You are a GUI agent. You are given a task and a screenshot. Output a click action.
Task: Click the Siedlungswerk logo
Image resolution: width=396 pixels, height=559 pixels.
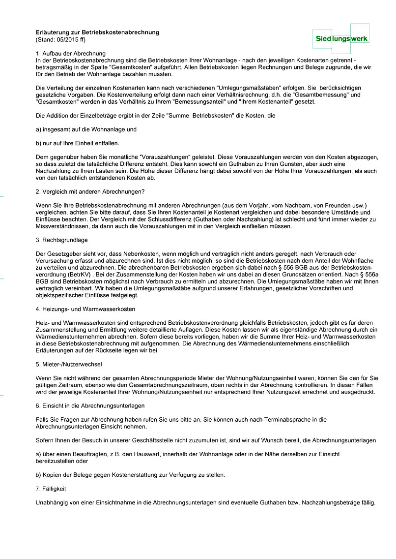pyautogui.click(x=341, y=38)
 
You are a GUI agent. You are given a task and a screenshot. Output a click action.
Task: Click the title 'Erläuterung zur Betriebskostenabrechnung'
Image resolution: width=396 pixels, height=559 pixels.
pyautogui.click(x=98, y=32)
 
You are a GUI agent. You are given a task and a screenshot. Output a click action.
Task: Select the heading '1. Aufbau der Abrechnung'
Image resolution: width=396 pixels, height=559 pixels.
pyautogui.click(x=71, y=53)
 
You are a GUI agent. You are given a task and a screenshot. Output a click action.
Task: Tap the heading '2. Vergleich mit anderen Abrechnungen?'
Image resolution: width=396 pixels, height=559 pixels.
pyautogui.click(x=90, y=191)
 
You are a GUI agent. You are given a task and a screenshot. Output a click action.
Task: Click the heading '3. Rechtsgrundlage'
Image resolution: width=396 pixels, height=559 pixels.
pyautogui.click(x=62, y=240)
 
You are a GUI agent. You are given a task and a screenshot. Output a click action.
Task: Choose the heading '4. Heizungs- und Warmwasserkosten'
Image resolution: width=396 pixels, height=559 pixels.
pyautogui.click(x=85, y=309)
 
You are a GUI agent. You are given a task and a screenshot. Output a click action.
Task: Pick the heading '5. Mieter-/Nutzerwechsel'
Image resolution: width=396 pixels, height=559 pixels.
pyautogui.click(x=69, y=365)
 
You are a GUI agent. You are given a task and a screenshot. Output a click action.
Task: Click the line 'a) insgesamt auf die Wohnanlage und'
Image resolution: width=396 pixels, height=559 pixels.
pyautogui.click(x=86, y=129)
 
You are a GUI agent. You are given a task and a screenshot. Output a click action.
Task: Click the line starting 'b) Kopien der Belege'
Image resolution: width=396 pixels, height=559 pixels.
pyautogui.click(x=131, y=475)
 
